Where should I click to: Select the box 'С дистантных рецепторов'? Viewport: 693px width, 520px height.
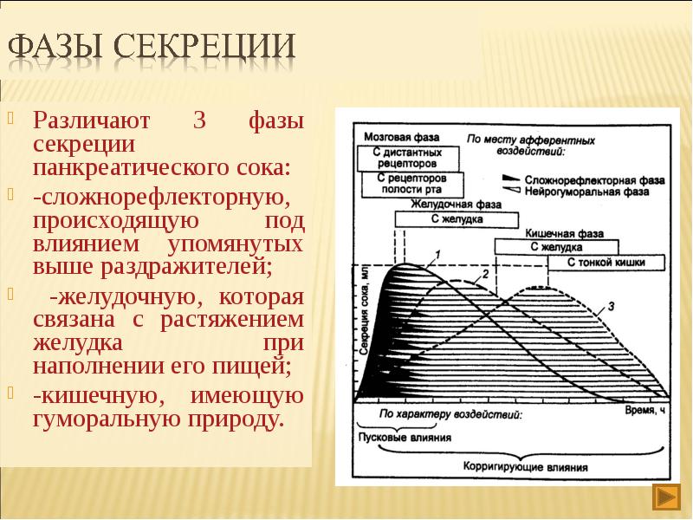coord(405,158)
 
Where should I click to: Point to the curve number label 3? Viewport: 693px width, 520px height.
coord(612,305)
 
